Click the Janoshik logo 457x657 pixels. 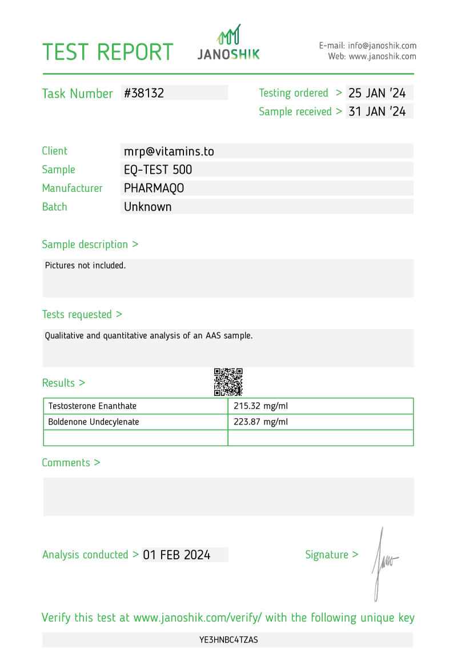(228, 43)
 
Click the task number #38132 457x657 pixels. (144, 93)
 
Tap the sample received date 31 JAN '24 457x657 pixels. (377, 111)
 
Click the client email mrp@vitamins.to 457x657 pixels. (169, 151)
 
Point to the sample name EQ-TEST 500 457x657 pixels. (158, 170)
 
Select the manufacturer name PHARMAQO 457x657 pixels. (154, 188)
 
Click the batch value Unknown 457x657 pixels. (147, 207)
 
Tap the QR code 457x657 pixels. (228, 382)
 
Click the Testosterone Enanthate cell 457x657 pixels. (93, 406)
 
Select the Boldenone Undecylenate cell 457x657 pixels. (94, 422)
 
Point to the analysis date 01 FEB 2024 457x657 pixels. (177, 555)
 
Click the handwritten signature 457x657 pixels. (383, 563)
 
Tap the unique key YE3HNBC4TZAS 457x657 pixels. (228, 640)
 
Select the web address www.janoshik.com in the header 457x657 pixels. (382, 57)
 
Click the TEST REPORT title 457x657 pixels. (108, 52)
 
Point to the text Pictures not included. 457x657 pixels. (85, 266)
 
